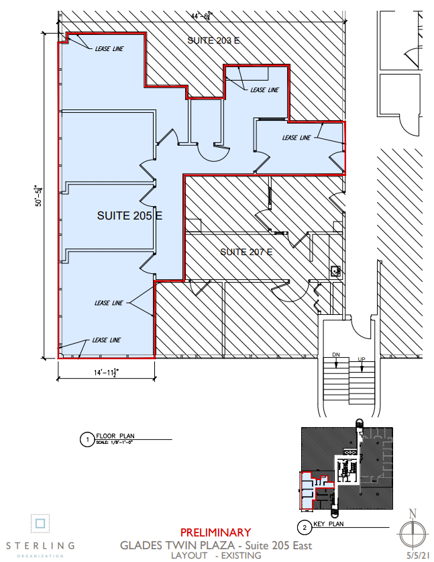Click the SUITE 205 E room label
pyautogui.click(x=130, y=216)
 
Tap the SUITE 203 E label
pyautogui.click(x=213, y=41)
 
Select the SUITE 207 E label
pyautogui.click(x=246, y=252)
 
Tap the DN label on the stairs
pyautogui.click(x=337, y=355)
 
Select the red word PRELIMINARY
pyautogui.click(x=215, y=532)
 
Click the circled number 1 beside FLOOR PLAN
pyautogui.click(x=85, y=440)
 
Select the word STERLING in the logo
pyautogui.click(x=40, y=545)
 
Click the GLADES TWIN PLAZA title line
pyautogui.click(x=215, y=545)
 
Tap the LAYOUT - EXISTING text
pyautogui.click(x=215, y=556)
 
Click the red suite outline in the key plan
pyautogui.click(x=311, y=484)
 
